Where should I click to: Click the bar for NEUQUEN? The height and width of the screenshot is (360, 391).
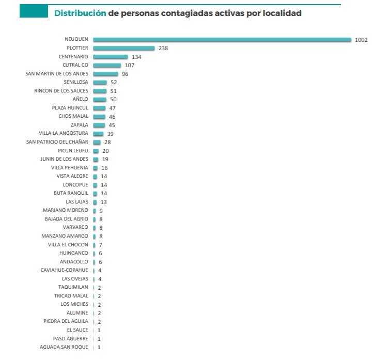(x=222, y=40)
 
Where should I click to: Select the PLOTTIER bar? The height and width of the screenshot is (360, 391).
(x=124, y=48)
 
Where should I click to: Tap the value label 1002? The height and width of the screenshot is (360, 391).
(x=361, y=40)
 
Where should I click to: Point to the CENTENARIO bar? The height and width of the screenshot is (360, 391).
(x=111, y=57)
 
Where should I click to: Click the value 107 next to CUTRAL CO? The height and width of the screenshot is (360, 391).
(x=129, y=66)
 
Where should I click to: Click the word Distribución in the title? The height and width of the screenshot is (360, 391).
(x=80, y=13)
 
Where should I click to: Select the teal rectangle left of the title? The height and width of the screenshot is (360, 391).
(x=34, y=11)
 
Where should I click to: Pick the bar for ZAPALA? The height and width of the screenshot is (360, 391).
(x=99, y=125)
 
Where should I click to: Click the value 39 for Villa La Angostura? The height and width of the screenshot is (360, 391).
(x=110, y=134)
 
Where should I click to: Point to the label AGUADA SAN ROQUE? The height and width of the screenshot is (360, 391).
(x=64, y=347)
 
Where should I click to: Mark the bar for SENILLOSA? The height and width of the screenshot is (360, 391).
(x=100, y=83)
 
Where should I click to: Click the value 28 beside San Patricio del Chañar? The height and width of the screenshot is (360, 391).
(x=107, y=142)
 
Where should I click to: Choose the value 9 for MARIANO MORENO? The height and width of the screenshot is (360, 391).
(x=101, y=211)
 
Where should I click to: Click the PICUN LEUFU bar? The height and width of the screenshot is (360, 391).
(x=96, y=151)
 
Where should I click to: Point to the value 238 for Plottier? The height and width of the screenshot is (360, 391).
(x=163, y=49)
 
